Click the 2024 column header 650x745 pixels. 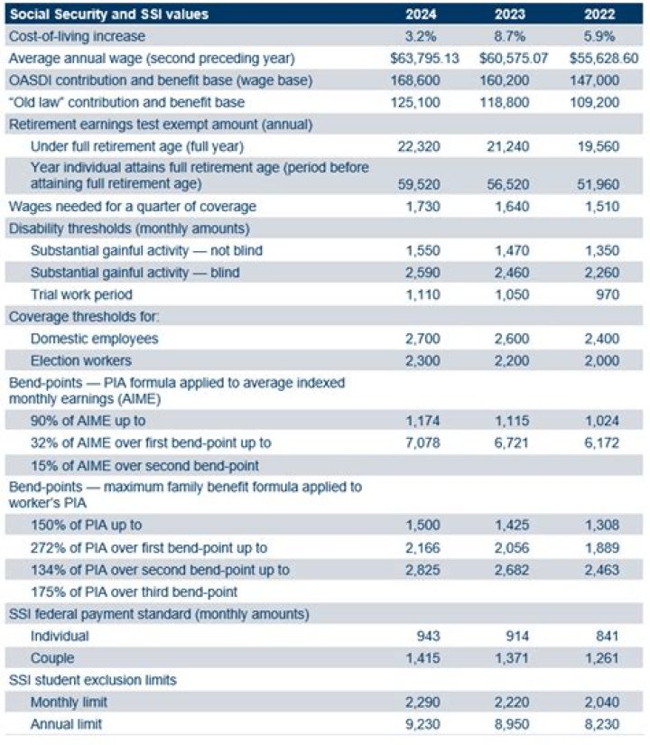pos(423,14)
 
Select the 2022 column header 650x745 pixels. pos(599,14)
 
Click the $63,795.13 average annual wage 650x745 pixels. pos(423,58)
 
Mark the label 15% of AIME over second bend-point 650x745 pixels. pos(144,465)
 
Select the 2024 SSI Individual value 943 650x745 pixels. pos(428,635)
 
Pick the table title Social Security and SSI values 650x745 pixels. pos(107,14)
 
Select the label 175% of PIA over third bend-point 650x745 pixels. pos(134,591)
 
